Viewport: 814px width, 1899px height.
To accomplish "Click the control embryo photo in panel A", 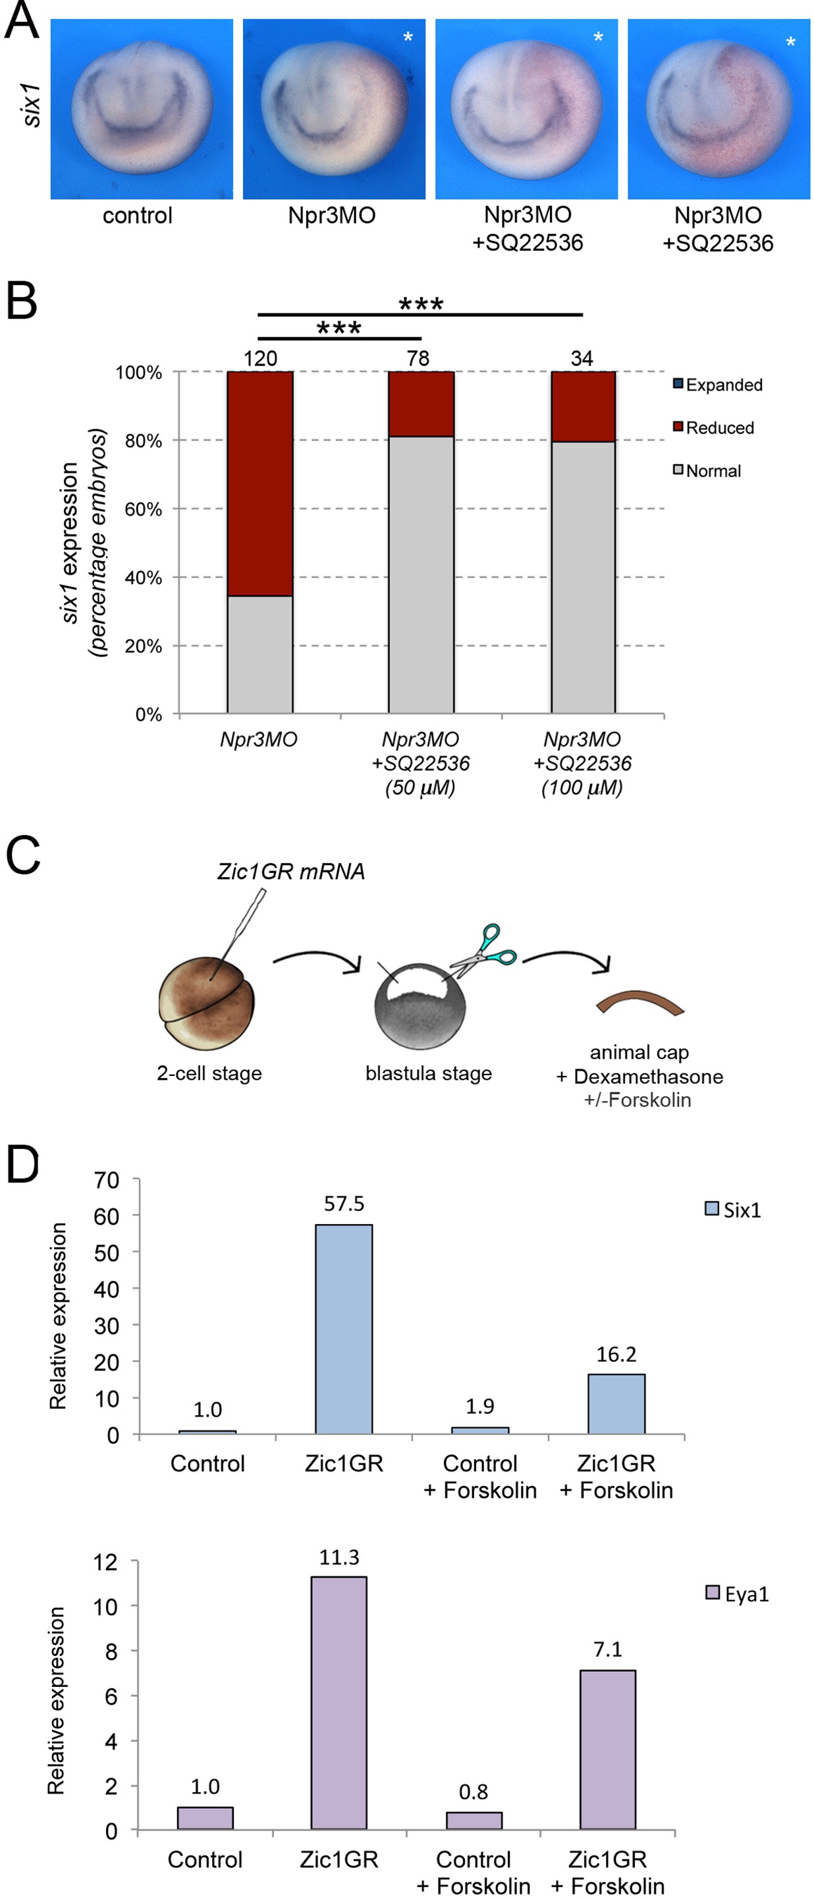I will pos(142,109).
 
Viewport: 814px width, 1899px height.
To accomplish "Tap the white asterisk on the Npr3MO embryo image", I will pos(408,38).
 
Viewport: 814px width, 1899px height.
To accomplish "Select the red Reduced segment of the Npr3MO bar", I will pos(259,483).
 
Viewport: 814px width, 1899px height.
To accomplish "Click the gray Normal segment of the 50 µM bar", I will pos(421,575).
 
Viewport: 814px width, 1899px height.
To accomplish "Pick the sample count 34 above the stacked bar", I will pos(582,359).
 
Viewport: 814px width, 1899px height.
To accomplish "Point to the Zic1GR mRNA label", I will pos(291,871).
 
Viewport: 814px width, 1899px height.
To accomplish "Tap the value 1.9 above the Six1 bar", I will pos(480,1406).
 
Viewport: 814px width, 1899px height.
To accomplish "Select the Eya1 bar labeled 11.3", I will pos(339,1703).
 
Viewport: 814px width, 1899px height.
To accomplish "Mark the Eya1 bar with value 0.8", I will pos(474,1820).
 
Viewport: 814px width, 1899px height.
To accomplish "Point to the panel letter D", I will pos(22,1165).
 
